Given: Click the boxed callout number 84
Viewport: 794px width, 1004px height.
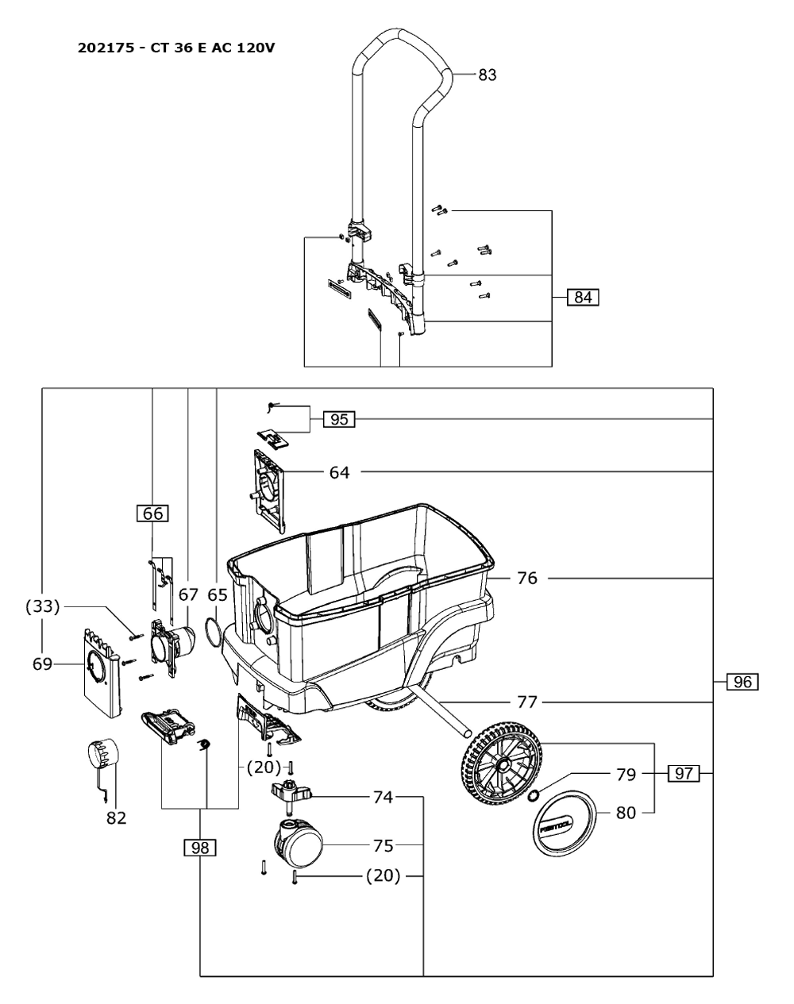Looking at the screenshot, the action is pos(583,297).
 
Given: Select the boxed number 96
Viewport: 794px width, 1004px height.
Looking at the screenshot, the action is pos(742,682).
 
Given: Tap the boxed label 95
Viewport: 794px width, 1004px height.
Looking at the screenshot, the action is pos(339,419).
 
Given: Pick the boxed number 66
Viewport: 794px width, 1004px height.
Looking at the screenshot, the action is pos(152,514).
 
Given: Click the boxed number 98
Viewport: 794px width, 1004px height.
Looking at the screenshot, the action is pos(200,847).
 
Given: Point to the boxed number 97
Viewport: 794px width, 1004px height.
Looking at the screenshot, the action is pos(684,774).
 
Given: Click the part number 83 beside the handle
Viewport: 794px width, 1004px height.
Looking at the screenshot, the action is pos(488,75).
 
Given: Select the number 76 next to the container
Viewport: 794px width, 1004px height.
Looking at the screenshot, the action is pos(527,579).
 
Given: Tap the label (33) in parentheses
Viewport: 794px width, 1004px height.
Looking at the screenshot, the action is pos(42,606).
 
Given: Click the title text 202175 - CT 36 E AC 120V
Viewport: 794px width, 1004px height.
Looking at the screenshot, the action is pos(176,48).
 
